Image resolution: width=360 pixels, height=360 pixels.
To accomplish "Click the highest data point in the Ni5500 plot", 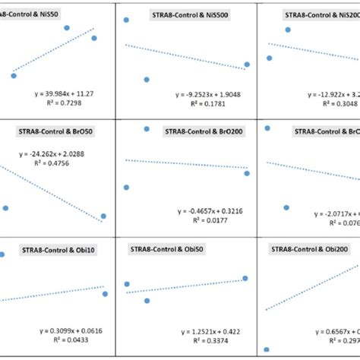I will (x=126, y=20).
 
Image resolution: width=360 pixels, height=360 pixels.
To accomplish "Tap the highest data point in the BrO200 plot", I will (x=147, y=129).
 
